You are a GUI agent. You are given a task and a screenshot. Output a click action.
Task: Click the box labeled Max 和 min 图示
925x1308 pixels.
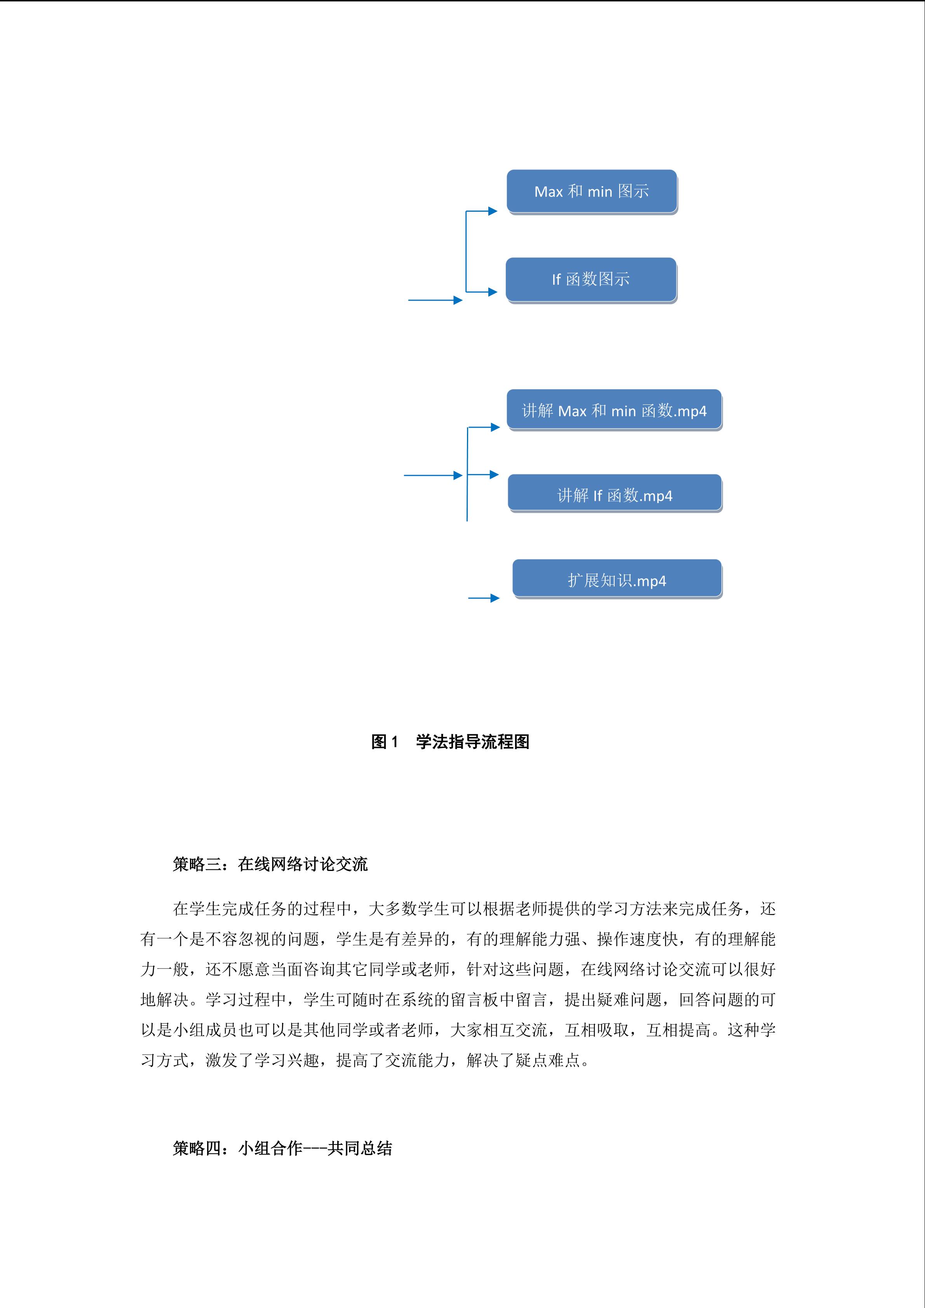[x=592, y=192]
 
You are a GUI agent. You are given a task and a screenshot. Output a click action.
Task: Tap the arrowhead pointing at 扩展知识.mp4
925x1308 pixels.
[x=495, y=598]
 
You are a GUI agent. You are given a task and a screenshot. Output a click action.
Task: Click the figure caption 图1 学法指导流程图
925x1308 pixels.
[x=450, y=742]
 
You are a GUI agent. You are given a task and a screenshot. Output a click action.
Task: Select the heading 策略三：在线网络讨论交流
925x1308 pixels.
[x=270, y=864]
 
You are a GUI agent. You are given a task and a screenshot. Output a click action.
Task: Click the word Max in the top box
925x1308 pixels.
[x=549, y=192]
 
